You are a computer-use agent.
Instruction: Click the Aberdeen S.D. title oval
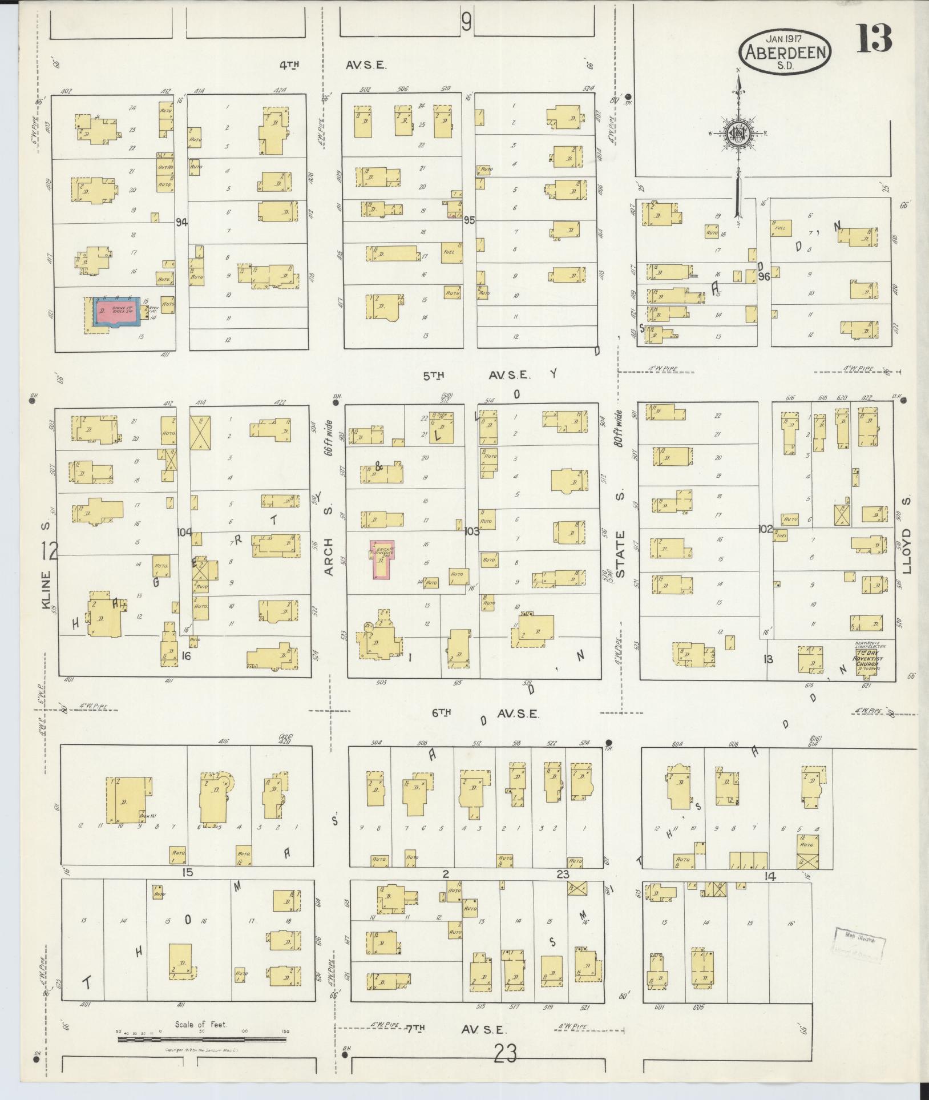pyautogui.click(x=786, y=51)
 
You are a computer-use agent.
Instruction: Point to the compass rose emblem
pyautogui.click(x=738, y=134)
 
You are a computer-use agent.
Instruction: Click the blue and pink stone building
pyautogui.click(x=116, y=312)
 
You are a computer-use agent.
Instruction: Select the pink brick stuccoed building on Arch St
pyautogui.click(x=381, y=559)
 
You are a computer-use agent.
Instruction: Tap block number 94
pyautogui.click(x=182, y=222)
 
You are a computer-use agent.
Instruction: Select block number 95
pyautogui.click(x=469, y=220)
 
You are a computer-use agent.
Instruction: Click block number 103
pyautogui.click(x=471, y=531)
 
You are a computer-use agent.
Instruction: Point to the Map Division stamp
pyautogui.click(x=859, y=946)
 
